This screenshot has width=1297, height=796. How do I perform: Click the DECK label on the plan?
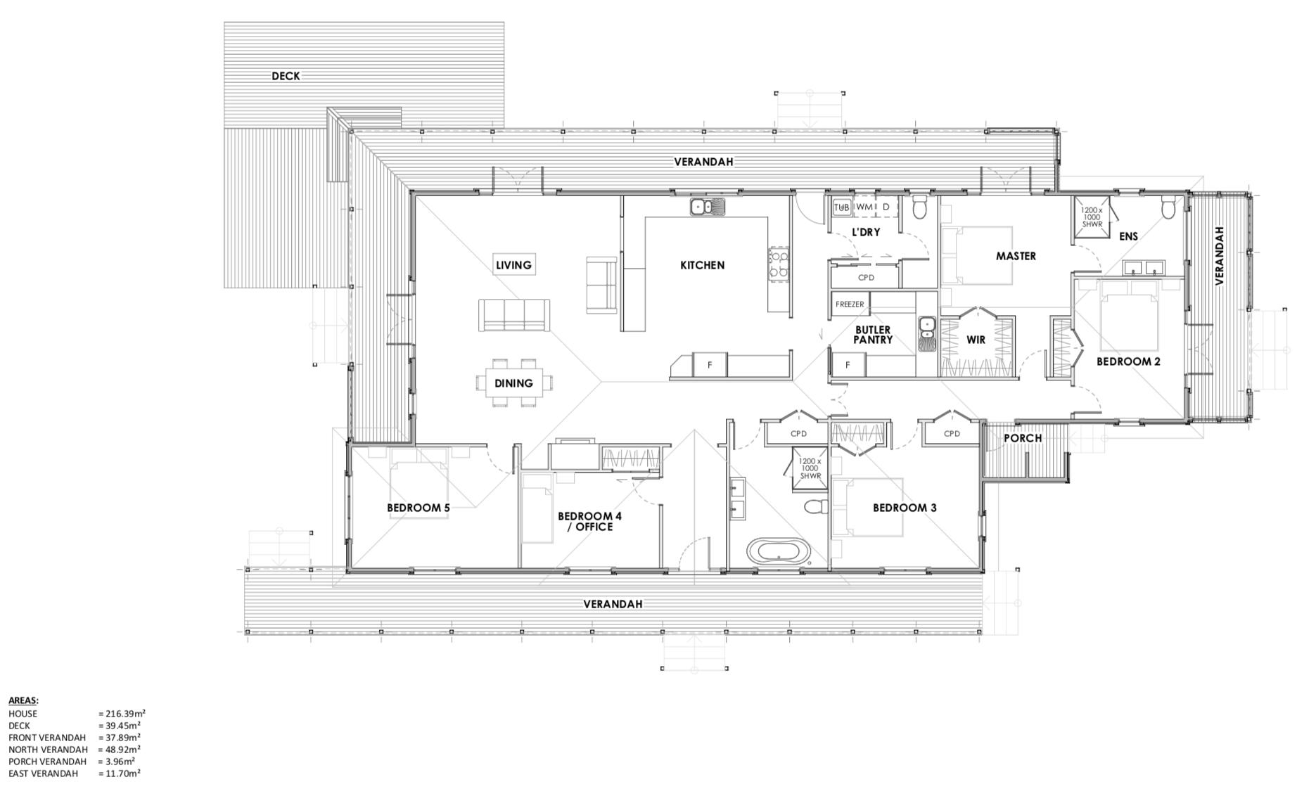(286, 76)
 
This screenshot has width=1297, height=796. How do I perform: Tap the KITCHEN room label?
(702, 265)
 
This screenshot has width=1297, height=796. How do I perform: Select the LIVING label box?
(513, 264)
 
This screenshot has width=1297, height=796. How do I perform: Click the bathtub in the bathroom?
(778, 551)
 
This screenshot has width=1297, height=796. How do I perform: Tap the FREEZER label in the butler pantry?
(850, 304)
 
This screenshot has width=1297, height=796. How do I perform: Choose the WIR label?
(976, 340)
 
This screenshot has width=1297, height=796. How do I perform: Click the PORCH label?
(1023, 437)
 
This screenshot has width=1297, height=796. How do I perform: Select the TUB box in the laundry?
(841, 207)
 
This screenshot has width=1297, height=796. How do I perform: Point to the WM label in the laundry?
(864, 207)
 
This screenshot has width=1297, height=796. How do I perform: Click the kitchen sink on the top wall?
(707, 207)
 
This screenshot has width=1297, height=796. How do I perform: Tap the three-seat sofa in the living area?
(514, 315)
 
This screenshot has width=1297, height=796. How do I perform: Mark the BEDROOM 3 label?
(905, 508)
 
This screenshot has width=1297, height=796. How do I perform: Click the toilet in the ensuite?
(1168, 208)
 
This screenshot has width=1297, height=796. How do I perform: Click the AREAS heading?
(23, 700)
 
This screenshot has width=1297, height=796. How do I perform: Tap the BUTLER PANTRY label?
(873, 335)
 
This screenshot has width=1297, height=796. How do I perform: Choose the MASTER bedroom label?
(1016, 256)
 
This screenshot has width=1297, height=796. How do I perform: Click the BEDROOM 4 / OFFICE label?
(589, 521)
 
